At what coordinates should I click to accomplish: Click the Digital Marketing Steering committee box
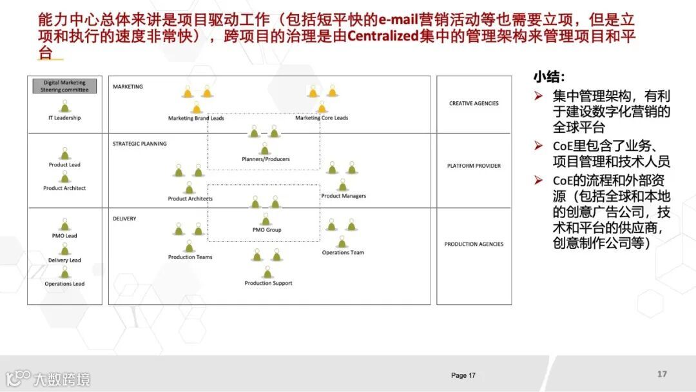[x=64, y=86]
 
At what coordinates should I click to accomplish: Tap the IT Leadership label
[x=64, y=118]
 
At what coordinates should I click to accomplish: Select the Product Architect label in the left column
[x=64, y=188]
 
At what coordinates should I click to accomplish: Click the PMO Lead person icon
[x=64, y=224]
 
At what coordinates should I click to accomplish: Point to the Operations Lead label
[x=64, y=284]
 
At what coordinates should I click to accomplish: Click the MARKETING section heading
[x=128, y=86]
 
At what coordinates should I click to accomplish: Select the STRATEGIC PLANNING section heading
[x=139, y=144]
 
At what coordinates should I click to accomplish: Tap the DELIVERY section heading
[x=124, y=219]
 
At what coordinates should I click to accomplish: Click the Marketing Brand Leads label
[x=196, y=118]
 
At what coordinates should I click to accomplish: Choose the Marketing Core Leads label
[x=322, y=118]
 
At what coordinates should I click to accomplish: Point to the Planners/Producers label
[x=266, y=159]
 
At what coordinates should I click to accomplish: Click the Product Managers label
[x=343, y=196]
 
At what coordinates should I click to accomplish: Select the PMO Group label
[x=266, y=230]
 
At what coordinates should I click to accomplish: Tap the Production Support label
[x=268, y=283]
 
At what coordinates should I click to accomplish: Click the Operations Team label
[x=343, y=253]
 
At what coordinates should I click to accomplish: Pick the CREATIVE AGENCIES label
[x=474, y=103]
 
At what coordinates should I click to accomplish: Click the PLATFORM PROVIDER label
[x=474, y=166]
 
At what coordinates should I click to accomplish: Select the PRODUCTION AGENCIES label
[x=474, y=244]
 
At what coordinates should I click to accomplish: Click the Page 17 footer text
[x=463, y=375]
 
